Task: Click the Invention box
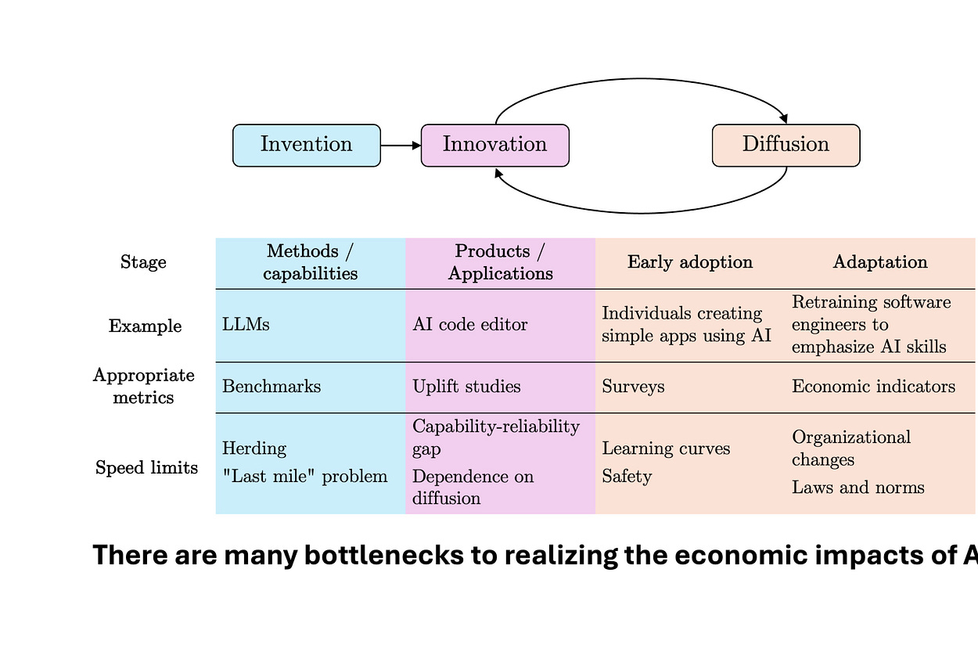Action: [x=307, y=146]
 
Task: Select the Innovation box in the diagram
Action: [x=494, y=146]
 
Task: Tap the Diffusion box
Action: [x=786, y=146]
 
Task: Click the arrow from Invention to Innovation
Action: [x=401, y=146]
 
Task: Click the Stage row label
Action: [x=143, y=262]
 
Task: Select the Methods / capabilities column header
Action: [x=311, y=262]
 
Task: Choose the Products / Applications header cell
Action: [x=501, y=262]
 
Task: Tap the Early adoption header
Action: [x=690, y=262]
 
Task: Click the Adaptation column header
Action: [x=880, y=262]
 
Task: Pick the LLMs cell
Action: [x=246, y=325]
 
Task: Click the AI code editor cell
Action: [x=470, y=325]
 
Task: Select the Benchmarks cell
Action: [x=271, y=387]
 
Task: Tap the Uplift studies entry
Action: [x=466, y=387]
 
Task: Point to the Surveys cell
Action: [x=633, y=387]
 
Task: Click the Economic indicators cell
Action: [x=873, y=387]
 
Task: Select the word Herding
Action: [x=254, y=448]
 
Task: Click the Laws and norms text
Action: [x=858, y=488]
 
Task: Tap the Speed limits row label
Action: [x=146, y=468]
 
